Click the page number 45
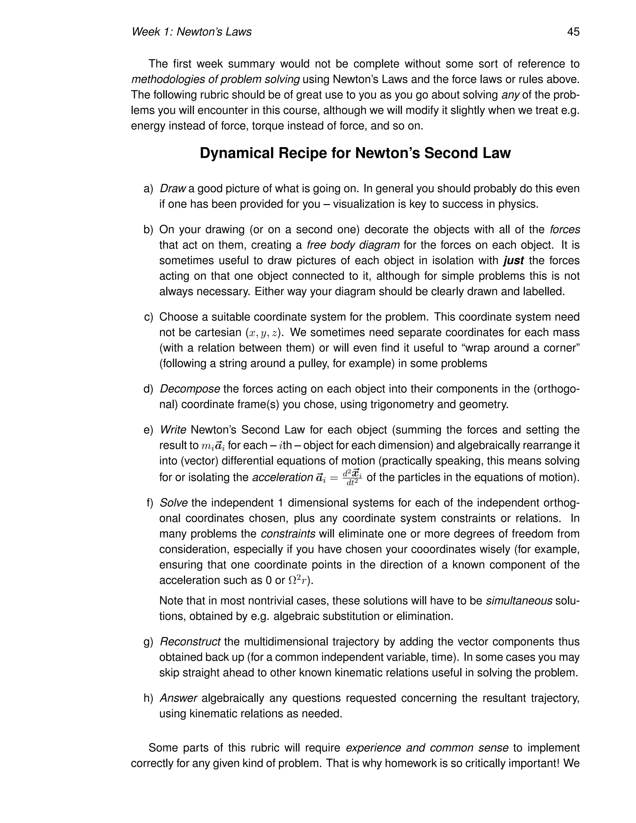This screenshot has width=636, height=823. coord(573,32)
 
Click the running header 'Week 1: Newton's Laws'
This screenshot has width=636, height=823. coord(191,32)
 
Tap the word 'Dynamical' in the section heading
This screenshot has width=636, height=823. coord(237,153)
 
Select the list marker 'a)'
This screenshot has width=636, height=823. coord(148,189)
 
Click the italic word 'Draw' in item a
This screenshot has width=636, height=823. coord(173,189)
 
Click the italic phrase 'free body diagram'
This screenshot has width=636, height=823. coord(353,245)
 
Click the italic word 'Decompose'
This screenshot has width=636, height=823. coord(190,389)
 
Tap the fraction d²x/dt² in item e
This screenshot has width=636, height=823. coord(352,477)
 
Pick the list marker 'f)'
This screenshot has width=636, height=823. coord(150,503)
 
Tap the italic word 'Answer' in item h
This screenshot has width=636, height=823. coord(179,698)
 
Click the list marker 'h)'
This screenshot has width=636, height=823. coord(148,698)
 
